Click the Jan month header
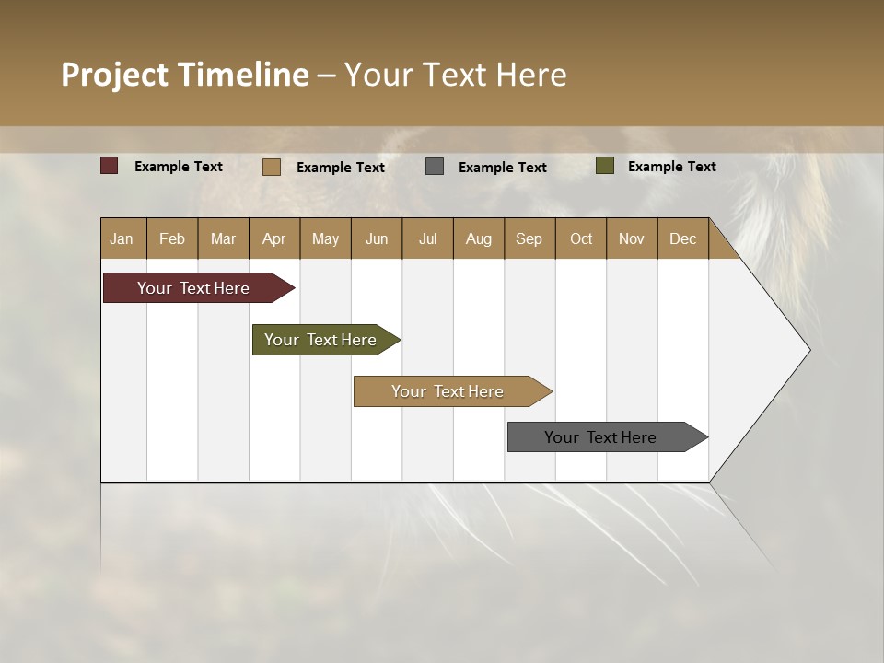pyautogui.click(x=122, y=238)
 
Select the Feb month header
pyautogui.click(x=172, y=238)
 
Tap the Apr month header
pyautogui.click(x=273, y=238)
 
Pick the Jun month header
pyautogui.click(x=377, y=238)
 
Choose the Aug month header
pyautogui.click(x=478, y=238)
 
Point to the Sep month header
pyautogui.click(x=529, y=238)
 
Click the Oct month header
pyautogui.click(x=581, y=238)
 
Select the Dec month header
pyautogui.click(x=682, y=238)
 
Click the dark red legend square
pyautogui.click(x=110, y=166)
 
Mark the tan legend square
pyautogui.click(x=272, y=167)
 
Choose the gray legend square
pyautogui.click(x=435, y=167)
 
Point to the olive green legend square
pyautogui.click(x=605, y=166)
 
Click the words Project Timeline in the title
pyautogui.click(x=185, y=75)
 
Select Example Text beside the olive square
pyautogui.click(x=671, y=167)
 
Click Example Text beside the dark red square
pyautogui.click(x=178, y=167)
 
